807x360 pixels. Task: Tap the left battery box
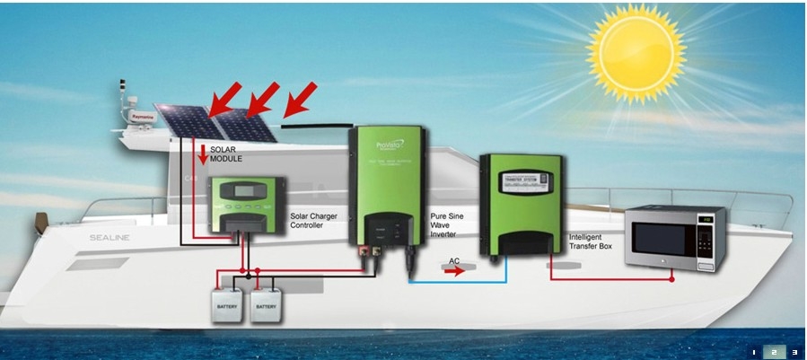tap(226, 305)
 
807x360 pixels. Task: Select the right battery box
tap(267, 305)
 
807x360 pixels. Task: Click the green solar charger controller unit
tap(248, 206)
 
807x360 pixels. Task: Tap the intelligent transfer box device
tap(521, 204)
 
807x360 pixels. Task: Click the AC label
tap(455, 260)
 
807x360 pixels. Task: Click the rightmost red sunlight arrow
tap(301, 98)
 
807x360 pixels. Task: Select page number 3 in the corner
tap(794, 351)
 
